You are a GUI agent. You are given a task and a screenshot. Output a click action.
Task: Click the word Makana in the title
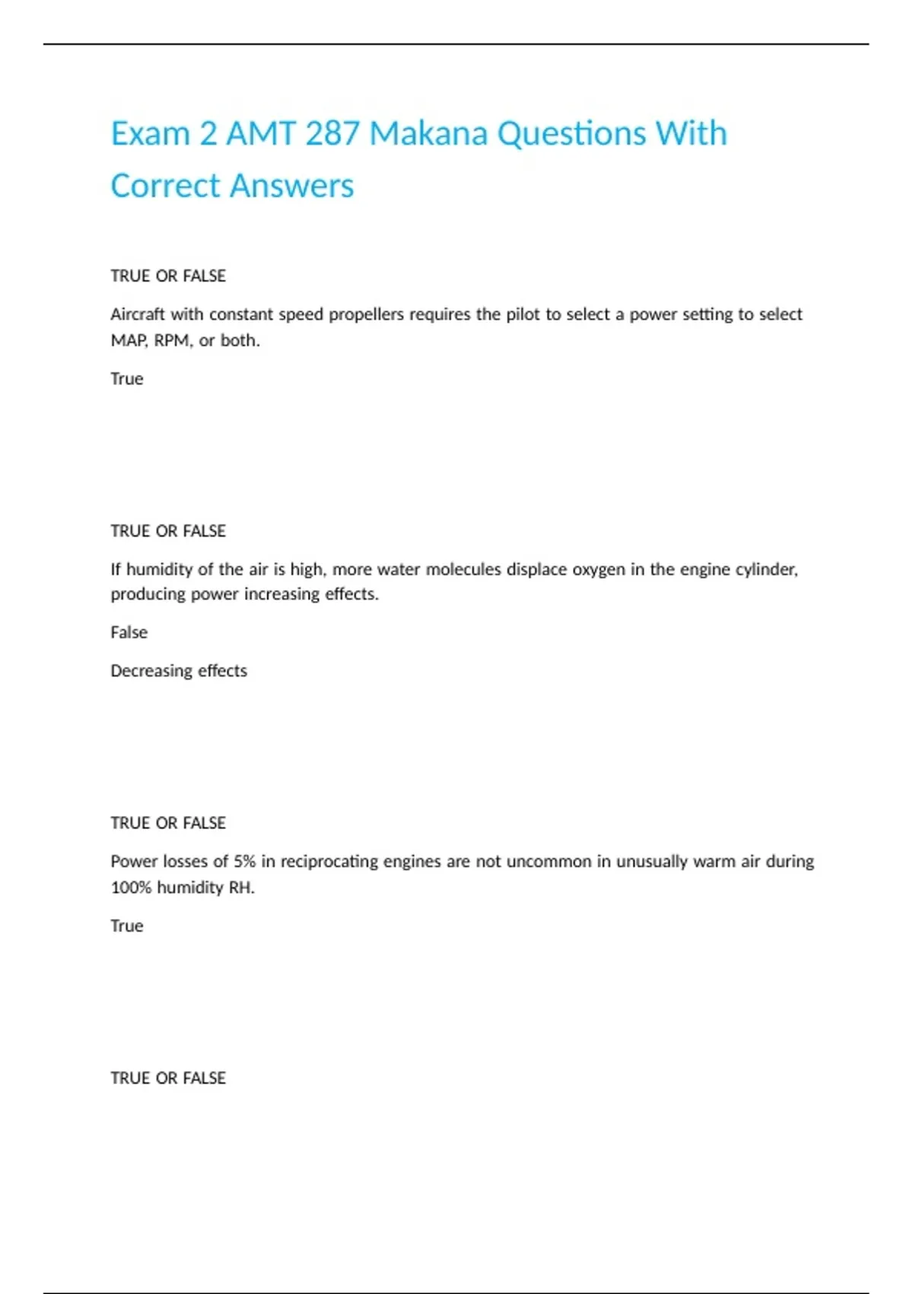428,134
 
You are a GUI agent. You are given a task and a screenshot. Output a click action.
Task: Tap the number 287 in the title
332,134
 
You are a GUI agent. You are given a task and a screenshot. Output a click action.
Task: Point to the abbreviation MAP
129,340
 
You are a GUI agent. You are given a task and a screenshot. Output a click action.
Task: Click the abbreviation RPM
173,340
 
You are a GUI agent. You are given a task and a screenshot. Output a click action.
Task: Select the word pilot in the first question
523,314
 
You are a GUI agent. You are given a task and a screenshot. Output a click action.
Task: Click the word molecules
463,569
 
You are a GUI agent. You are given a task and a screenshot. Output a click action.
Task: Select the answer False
129,633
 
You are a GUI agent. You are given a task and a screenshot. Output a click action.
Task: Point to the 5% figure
244,862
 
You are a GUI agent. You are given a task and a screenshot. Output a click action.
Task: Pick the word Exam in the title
150,134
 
